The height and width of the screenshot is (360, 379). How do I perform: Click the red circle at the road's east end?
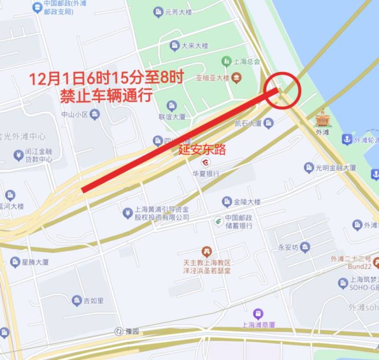click(x=283, y=90)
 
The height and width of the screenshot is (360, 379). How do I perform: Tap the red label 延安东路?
click(x=202, y=150)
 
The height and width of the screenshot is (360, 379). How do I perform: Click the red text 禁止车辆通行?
click(x=106, y=95)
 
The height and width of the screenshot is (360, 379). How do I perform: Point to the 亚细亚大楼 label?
click(x=213, y=77)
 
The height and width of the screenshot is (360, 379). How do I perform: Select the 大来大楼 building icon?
click(x=174, y=46)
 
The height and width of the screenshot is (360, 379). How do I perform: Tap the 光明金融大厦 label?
click(x=336, y=167)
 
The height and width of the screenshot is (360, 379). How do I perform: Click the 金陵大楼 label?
click(x=247, y=202)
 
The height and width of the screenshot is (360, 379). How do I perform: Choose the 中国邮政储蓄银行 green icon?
click(x=218, y=221)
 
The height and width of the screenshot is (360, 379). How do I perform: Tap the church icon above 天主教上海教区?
click(x=207, y=251)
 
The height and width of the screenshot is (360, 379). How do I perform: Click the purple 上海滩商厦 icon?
click(x=258, y=314)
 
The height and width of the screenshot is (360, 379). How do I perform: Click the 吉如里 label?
click(x=94, y=300)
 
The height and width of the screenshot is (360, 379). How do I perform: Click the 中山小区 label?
click(x=75, y=114)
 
